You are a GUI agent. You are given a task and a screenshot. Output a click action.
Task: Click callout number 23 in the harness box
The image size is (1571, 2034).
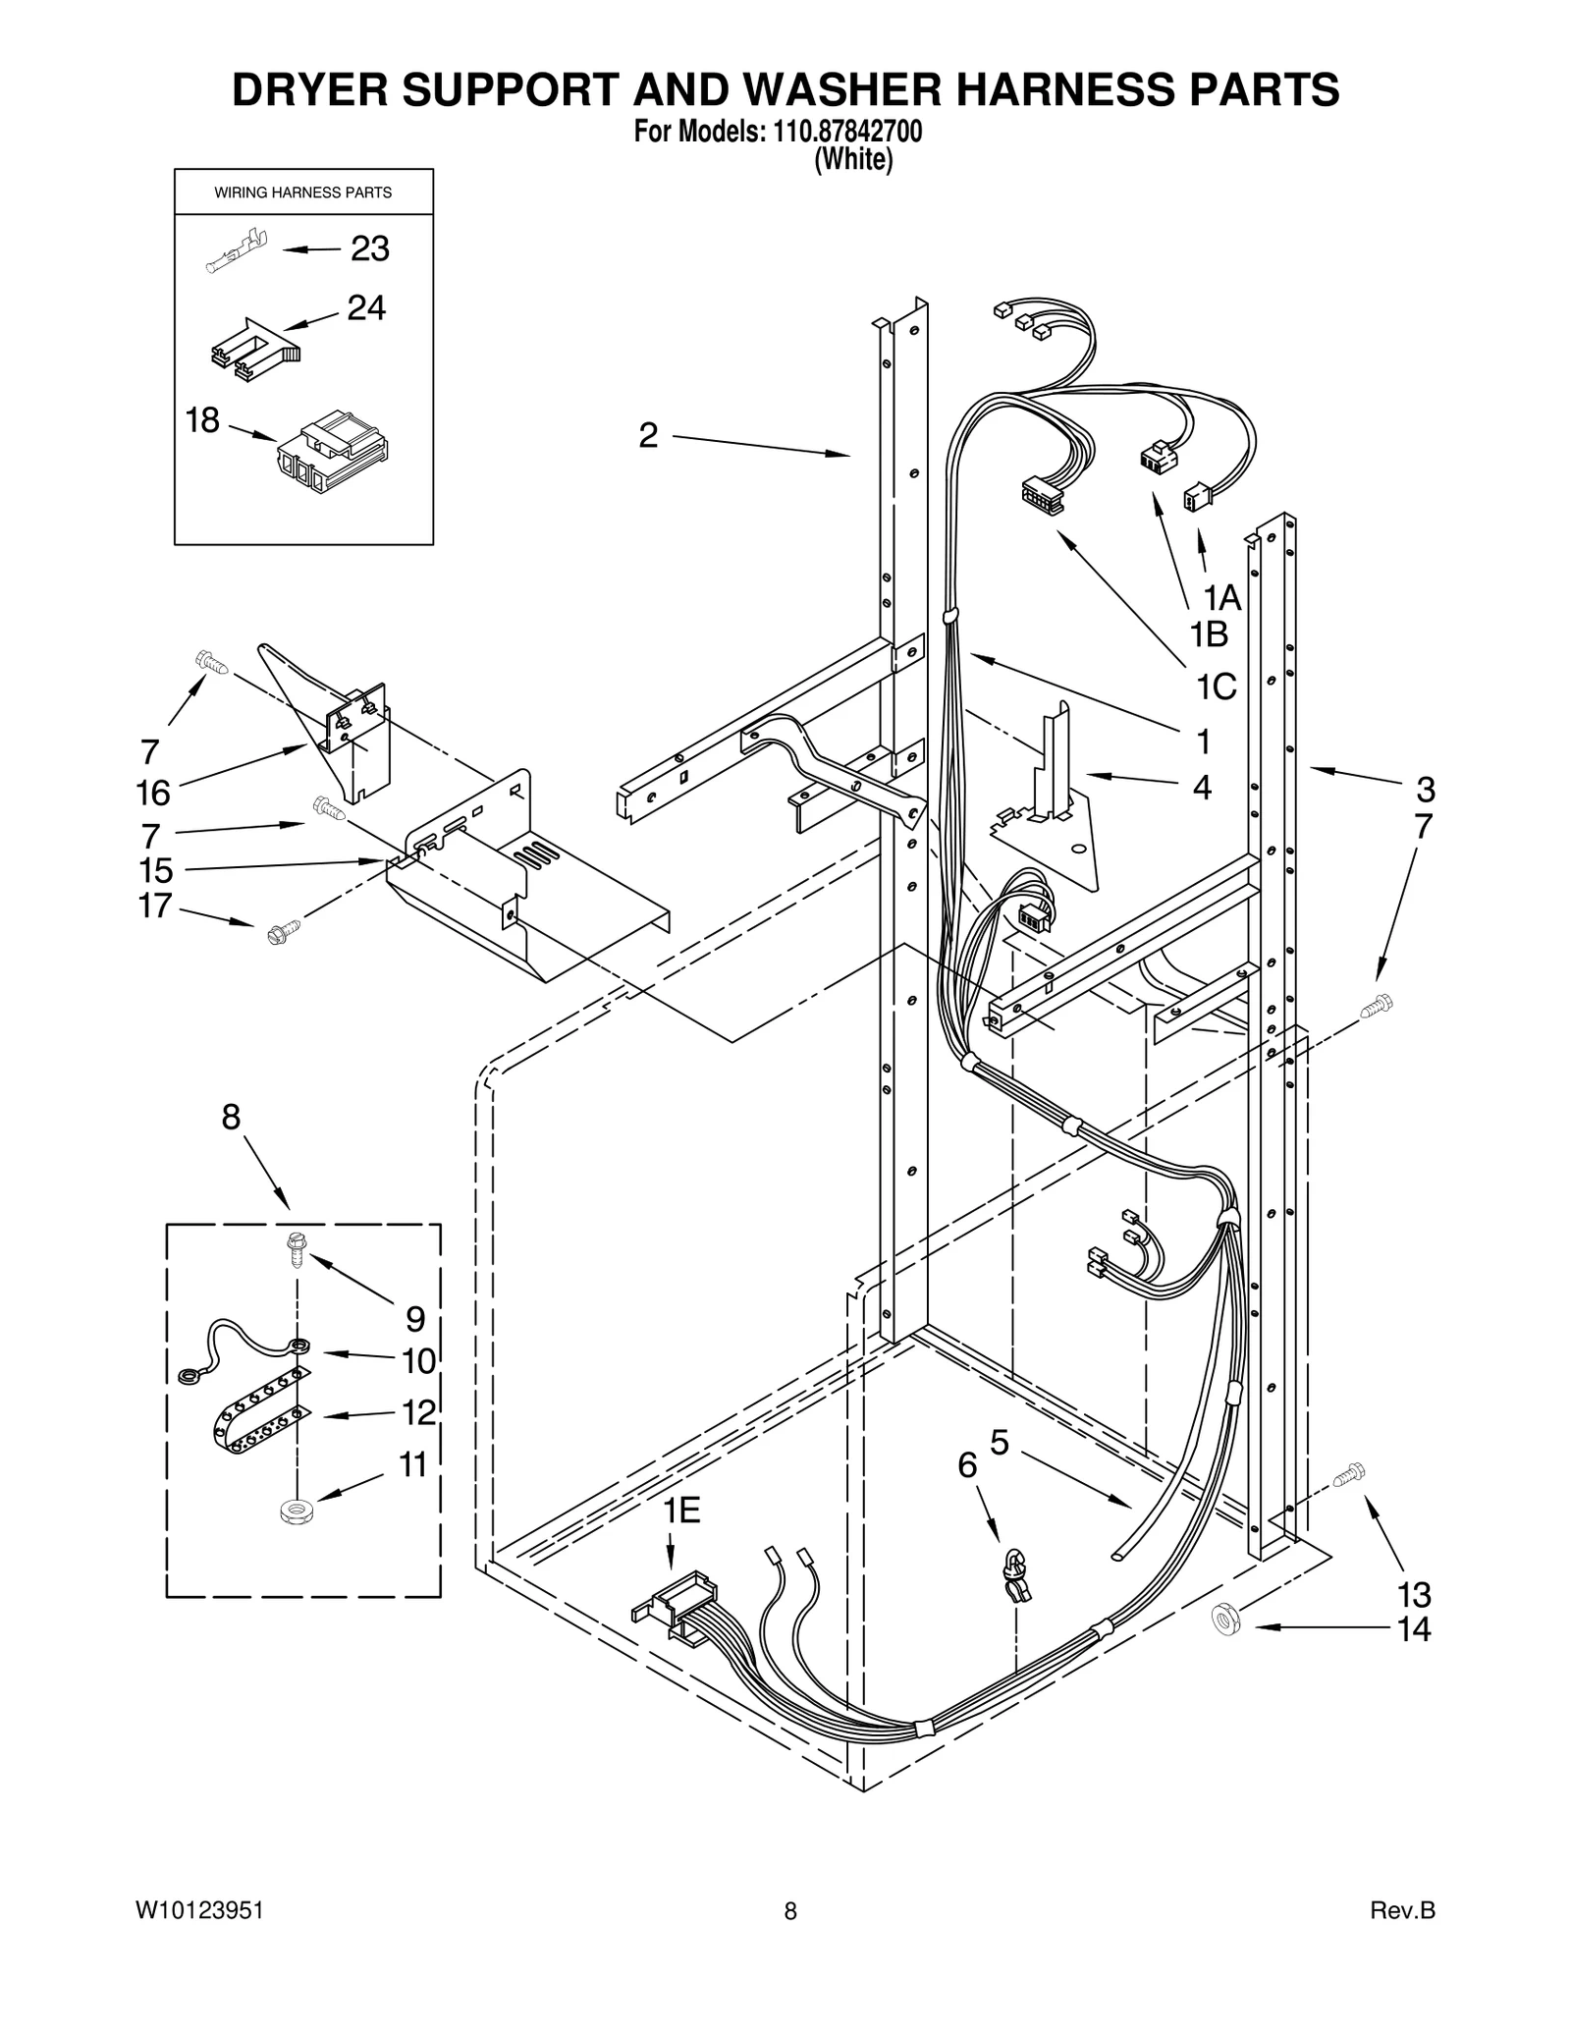(x=370, y=249)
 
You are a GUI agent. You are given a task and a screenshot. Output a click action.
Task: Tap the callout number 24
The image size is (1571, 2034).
(x=366, y=308)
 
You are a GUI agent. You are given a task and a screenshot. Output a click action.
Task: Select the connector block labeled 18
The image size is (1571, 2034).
(x=333, y=454)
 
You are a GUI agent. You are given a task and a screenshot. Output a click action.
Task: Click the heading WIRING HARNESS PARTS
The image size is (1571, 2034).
(x=302, y=192)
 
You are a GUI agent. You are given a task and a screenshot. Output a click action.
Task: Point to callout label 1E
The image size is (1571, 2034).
(x=680, y=1511)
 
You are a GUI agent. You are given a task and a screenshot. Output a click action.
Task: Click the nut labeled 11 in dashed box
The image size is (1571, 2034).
(x=291, y=1511)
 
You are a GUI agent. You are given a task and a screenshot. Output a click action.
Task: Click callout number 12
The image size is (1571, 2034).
(x=418, y=1412)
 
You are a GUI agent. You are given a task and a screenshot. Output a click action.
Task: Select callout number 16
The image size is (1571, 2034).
(x=154, y=792)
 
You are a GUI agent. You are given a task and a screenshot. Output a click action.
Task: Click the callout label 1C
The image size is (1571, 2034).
(x=1216, y=687)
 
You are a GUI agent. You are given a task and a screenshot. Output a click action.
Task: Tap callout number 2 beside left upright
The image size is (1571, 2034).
(x=648, y=435)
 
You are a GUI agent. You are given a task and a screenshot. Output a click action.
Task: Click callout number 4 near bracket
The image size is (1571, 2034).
(x=1201, y=787)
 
